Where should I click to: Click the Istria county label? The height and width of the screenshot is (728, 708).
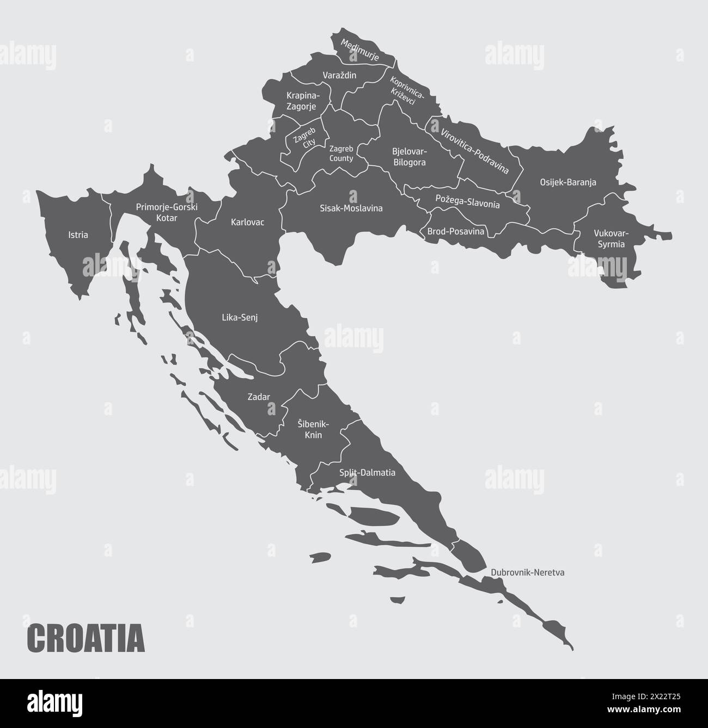tap(78, 236)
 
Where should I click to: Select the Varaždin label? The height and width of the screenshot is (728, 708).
tap(339, 75)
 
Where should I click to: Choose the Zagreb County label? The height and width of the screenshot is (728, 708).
tap(341, 153)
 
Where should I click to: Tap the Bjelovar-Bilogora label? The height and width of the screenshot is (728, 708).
tap(409, 156)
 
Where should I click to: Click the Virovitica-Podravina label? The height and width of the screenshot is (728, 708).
tap(474, 151)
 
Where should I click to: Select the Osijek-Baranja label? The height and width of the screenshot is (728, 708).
tap(568, 182)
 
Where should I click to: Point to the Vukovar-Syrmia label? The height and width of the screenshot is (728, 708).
tap(611, 239)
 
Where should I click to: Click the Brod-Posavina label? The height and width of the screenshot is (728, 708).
tap(455, 231)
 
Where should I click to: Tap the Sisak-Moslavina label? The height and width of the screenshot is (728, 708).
tap(351, 208)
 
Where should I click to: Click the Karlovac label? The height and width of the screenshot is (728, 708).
tap(247, 222)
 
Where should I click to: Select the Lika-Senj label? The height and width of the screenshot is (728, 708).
tap(240, 317)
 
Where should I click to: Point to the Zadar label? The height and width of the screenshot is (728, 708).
tap(259, 397)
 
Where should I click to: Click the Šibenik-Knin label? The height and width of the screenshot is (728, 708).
tap(309, 429)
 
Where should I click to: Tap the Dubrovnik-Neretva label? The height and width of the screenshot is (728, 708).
tap(527, 572)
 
